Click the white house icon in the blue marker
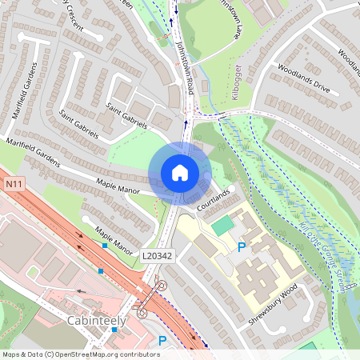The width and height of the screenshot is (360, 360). point(180,173)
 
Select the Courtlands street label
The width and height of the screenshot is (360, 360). point(215,200)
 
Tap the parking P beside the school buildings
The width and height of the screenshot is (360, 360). point(242,249)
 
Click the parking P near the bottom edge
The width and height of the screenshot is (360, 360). point(162,341)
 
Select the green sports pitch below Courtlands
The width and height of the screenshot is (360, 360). point(222,226)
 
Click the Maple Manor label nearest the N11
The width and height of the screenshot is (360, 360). point(113,237)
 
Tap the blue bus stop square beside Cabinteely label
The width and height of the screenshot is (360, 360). point(101,271)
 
